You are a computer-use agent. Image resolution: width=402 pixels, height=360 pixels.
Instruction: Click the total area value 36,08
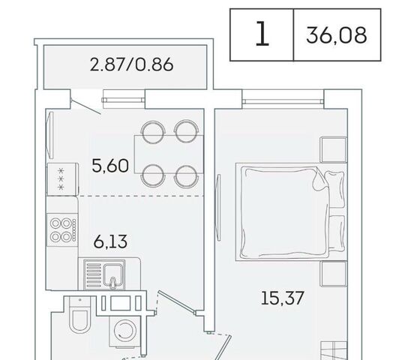[336, 35]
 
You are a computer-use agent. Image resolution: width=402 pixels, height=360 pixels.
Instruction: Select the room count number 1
[262, 34]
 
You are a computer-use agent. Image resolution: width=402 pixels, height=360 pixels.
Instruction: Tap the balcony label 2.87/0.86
[131, 64]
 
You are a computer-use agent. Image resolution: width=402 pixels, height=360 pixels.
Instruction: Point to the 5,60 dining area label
[110, 166]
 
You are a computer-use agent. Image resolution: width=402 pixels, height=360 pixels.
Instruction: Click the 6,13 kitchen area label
[110, 241]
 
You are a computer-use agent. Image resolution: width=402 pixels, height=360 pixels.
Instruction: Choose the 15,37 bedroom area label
[282, 298]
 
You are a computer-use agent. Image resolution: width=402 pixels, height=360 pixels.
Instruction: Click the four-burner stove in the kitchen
[62, 229]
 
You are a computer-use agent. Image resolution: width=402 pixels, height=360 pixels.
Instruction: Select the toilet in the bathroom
[80, 315]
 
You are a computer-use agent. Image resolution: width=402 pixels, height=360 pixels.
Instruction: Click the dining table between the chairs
[169, 154]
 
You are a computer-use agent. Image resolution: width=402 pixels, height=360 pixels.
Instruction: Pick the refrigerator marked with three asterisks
[62, 179]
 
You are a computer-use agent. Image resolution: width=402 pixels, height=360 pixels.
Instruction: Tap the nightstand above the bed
[333, 150]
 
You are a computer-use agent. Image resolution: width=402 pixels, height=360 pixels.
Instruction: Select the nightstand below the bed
[333, 273]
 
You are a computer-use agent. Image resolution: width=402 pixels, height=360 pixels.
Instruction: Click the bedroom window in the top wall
[283, 101]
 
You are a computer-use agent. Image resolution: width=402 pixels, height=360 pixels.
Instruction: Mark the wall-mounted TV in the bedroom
[219, 207]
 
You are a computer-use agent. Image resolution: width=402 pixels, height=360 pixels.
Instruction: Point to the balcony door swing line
[86, 106]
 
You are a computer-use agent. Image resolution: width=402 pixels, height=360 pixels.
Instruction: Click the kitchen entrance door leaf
[177, 302]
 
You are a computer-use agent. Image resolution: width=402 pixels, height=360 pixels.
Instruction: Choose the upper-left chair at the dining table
[154, 131]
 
